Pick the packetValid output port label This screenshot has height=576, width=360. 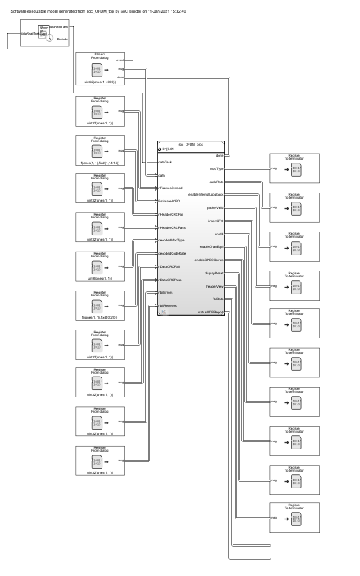point(215,207)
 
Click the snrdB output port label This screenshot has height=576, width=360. point(219,234)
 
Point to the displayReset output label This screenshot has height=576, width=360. point(214,273)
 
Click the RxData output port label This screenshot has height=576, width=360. point(217,299)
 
